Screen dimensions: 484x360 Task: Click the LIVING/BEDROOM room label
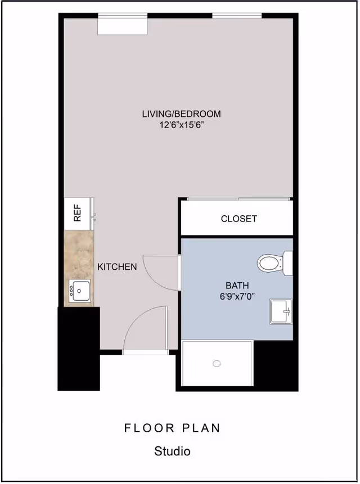(181, 114)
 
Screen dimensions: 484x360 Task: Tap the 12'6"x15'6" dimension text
(181, 125)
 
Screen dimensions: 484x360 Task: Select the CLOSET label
(238, 219)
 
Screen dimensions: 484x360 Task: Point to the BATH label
(237, 285)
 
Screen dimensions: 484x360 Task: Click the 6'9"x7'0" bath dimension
(237, 296)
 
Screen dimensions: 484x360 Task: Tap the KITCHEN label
(117, 266)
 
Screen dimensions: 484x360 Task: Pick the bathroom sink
(281, 311)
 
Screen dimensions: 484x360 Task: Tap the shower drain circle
(217, 364)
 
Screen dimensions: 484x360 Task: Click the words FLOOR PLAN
(172, 428)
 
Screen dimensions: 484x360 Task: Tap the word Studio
(172, 451)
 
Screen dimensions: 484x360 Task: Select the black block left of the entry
(79, 349)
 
